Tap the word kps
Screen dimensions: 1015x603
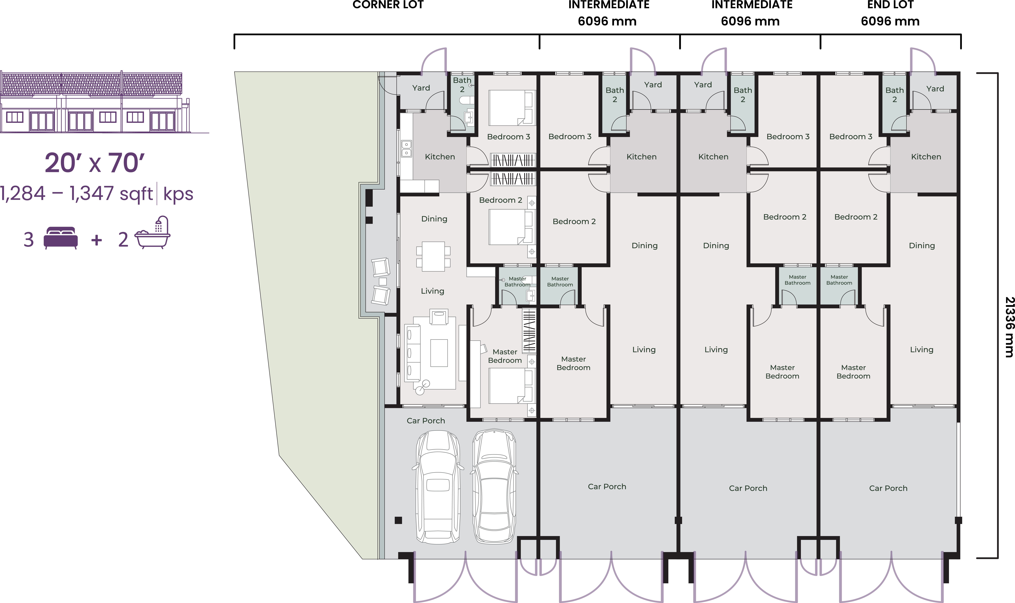[178, 194]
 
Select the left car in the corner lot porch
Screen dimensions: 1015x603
[438, 487]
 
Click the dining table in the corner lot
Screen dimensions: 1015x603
[433, 256]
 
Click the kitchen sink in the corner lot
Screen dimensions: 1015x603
[406, 149]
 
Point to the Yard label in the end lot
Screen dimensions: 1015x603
[935, 89]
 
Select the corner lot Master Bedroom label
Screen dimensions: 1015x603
[505, 356]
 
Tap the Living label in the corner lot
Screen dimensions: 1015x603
[432, 291]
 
